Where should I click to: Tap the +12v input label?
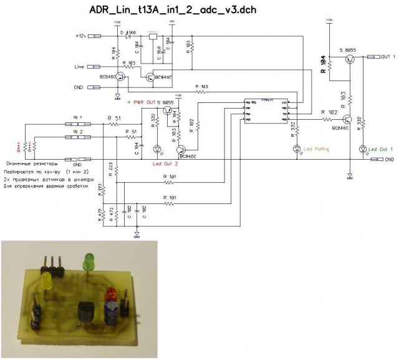pos(83,36)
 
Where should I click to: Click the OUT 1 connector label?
pos(386,57)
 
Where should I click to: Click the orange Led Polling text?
pos(316,149)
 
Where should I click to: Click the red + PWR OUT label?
pos(141,102)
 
